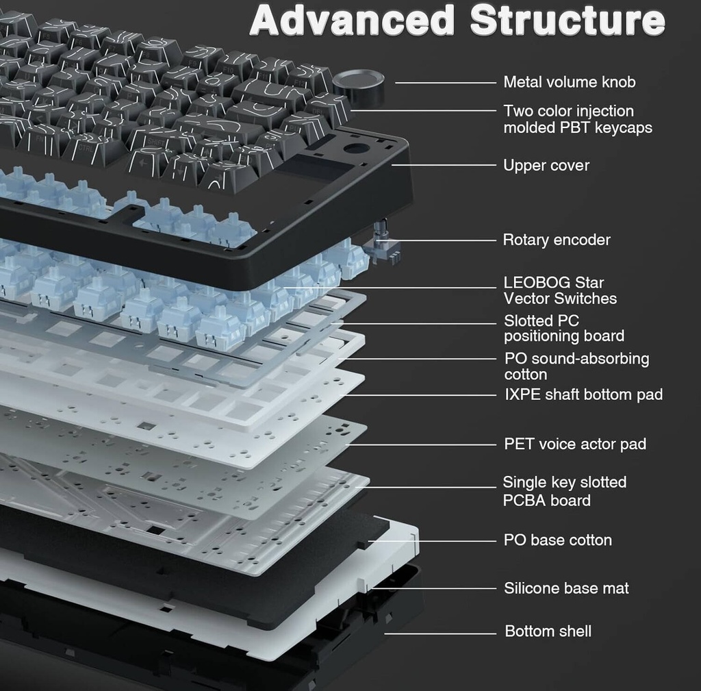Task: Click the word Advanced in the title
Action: coord(352,21)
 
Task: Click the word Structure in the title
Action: coord(568,21)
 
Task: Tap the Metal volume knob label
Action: coord(570,82)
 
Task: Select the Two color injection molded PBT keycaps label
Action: coord(577,119)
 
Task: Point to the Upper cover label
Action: coord(546,165)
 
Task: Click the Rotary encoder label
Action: coord(557,240)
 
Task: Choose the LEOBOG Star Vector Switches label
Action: coord(559,290)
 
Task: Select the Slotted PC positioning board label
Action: coord(563,328)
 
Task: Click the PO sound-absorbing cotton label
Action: coord(576,366)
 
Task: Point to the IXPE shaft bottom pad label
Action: coord(583,394)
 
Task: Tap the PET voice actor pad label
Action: coord(575,444)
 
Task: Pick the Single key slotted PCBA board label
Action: coord(564,491)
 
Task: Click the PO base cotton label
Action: coord(557,540)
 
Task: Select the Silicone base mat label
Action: coord(566,588)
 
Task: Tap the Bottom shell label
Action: coord(548,631)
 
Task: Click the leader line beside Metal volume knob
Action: coord(445,82)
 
